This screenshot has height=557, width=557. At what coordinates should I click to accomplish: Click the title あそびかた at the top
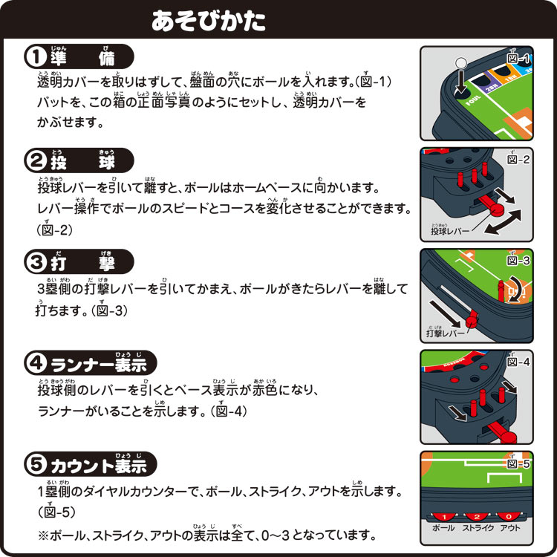tap(209, 21)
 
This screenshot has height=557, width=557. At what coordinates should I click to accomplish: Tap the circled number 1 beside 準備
tap(36, 57)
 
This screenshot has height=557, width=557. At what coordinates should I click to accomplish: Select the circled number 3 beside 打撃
tap(36, 262)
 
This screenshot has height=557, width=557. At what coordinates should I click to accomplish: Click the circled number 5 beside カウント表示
tap(36, 464)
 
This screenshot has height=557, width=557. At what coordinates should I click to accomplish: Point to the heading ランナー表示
tap(99, 364)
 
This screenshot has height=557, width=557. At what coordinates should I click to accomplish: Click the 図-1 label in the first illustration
tap(518, 58)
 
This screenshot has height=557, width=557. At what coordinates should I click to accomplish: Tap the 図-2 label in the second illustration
tap(518, 159)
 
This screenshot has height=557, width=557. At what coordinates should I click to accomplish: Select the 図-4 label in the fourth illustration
tap(518, 361)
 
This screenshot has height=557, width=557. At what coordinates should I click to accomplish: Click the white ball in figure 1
tap(460, 63)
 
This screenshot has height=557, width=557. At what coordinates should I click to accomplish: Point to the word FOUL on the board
tap(473, 100)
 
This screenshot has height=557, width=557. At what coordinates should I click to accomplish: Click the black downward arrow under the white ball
tap(460, 82)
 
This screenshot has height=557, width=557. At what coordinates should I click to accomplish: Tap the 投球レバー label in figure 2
tap(450, 231)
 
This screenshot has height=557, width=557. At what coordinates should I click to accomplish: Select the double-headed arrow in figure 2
tap(503, 221)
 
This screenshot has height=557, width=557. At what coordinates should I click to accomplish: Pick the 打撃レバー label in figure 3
tap(446, 333)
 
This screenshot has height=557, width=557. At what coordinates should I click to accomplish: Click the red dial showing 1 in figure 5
tap(443, 517)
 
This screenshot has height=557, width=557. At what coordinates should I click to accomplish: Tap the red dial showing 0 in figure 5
tap(509, 517)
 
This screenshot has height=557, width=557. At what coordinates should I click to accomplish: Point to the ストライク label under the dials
tap(478, 528)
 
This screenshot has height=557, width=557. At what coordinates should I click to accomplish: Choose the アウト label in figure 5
tap(510, 528)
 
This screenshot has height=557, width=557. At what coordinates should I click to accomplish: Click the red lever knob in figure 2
tap(497, 209)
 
